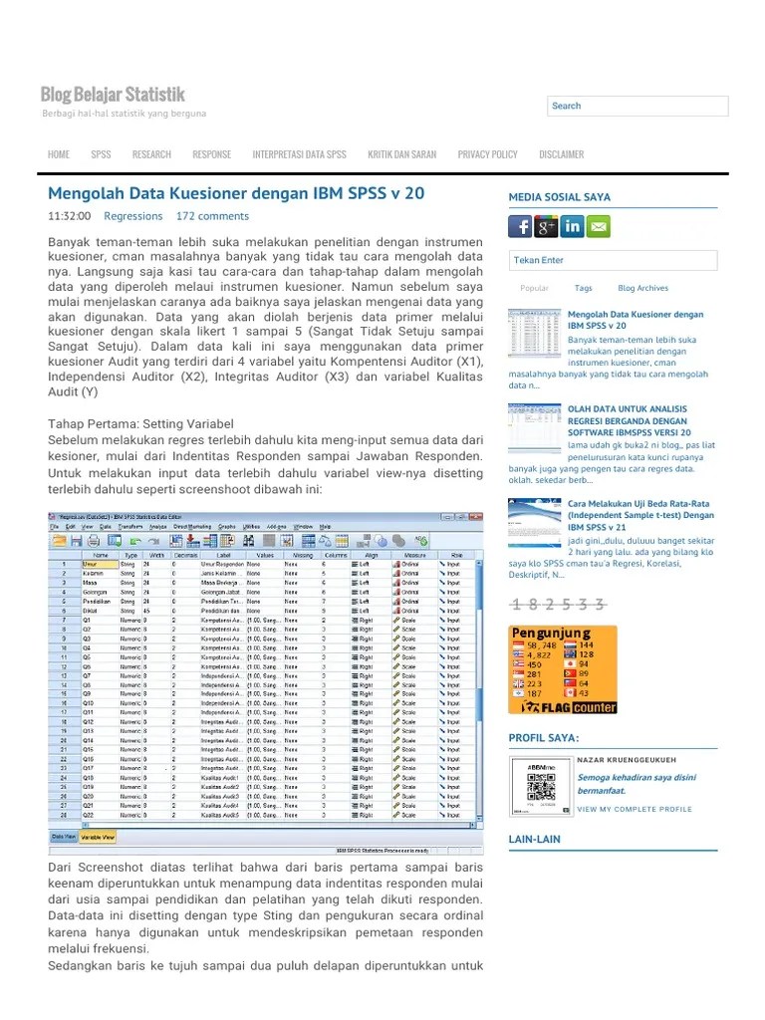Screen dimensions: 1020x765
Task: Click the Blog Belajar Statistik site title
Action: click(x=113, y=95)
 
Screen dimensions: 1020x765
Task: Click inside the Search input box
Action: click(x=637, y=106)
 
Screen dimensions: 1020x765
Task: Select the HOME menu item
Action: click(x=59, y=154)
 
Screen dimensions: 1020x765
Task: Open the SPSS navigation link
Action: click(x=101, y=154)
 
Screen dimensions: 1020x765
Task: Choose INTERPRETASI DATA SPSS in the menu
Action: click(x=299, y=154)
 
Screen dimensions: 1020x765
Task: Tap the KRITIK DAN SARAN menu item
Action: click(x=401, y=154)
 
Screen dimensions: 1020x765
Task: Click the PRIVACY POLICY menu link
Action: click(x=487, y=154)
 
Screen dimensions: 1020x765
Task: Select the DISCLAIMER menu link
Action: click(x=561, y=154)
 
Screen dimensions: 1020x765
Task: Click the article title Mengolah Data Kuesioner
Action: click(x=236, y=192)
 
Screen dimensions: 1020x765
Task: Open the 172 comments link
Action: click(x=212, y=216)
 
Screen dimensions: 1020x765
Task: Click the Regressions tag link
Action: click(x=132, y=216)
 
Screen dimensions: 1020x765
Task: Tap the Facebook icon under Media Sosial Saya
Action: click(x=520, y=226)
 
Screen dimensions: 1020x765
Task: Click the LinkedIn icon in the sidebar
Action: click(x=572, y=226)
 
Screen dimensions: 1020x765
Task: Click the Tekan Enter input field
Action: click(x=613, y=261)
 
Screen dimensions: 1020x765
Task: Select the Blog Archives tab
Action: click(x=642, y=288)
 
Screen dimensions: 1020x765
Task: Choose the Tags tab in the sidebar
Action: click(x=583, y=288)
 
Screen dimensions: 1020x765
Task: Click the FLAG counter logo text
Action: click(x=577, y=707)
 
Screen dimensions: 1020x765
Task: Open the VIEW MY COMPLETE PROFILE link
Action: click(x=634, y=809)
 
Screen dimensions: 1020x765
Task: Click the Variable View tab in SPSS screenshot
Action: click(x=98, y=838)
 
